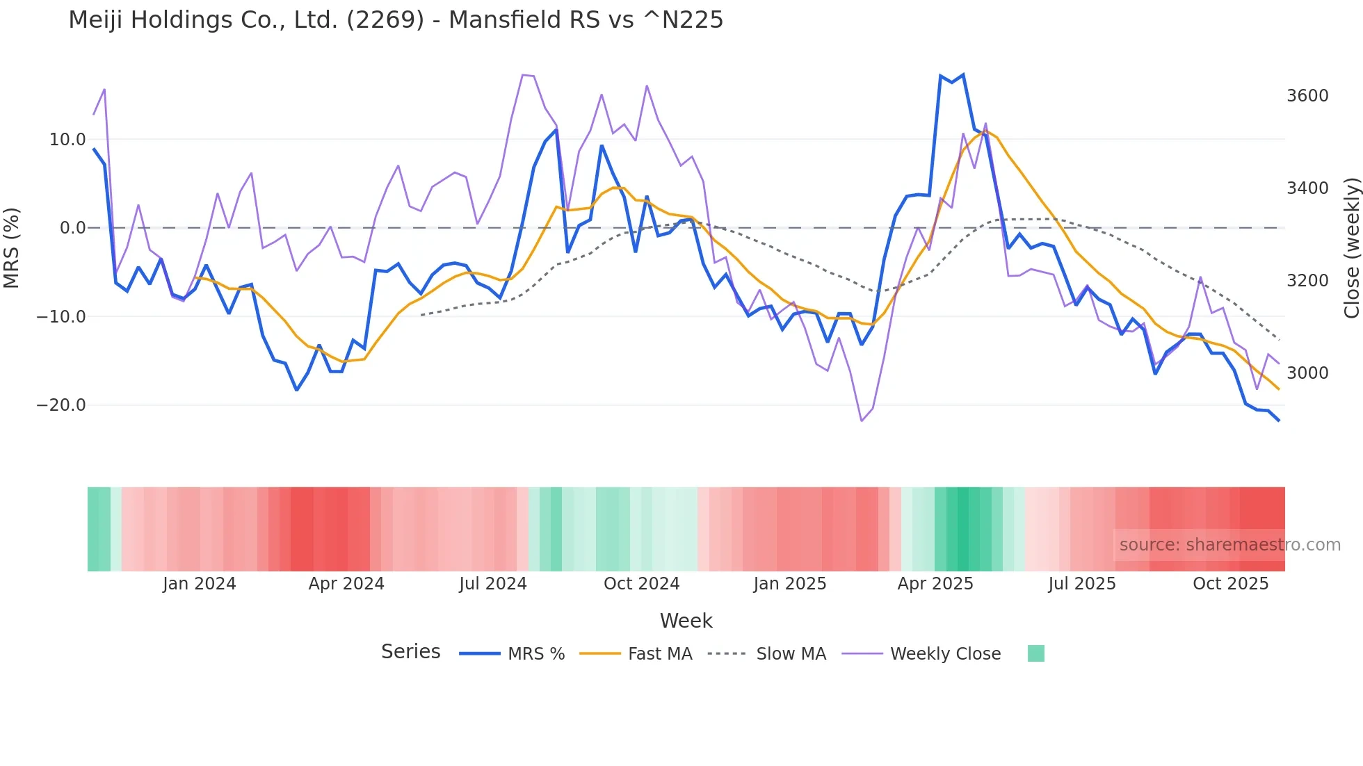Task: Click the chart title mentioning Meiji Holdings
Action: pos(396,20)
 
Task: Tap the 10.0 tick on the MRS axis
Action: pos(67,140)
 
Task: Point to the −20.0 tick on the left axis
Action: pos(61,405)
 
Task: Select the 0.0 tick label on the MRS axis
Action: pos(73,228)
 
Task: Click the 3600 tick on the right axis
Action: pos(1307,96)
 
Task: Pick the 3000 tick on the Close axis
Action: pos(1307,373)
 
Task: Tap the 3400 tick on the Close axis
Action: pos(1307,188)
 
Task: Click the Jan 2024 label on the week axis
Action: pos(200,584)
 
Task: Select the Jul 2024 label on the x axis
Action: pos(493,584)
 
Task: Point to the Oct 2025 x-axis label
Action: pos(1231,584)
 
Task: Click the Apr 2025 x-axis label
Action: pos(935,584)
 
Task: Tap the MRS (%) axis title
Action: pos(12,247)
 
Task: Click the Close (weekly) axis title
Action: pos(1352,247)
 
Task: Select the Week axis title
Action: pos(686,621)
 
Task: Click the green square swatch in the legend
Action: pos(1036,653)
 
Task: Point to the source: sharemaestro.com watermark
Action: pos(1229,545)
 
